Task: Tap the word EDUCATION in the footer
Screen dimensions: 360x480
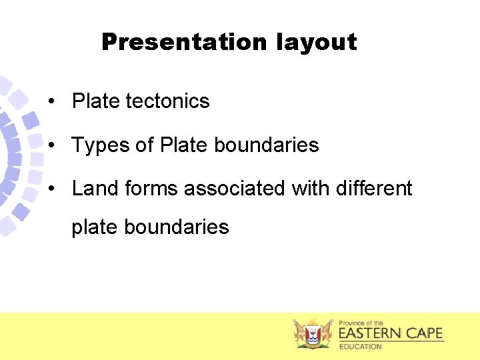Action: (x=360, y=347)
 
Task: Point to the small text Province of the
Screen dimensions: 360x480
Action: (x=361, y=323)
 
